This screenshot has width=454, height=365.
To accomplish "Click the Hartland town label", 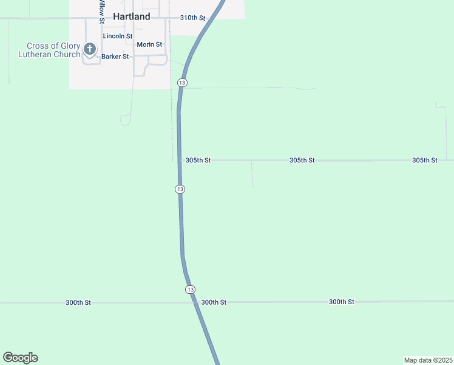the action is click(x=131, y=17).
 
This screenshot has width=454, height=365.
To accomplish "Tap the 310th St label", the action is click(x=192, y=18).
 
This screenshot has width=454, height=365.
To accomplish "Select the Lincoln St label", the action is click(x=118, y=36).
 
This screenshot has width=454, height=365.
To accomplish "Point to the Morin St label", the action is click(x=149, y=44).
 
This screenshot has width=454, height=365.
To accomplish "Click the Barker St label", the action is click(x=115, y=57).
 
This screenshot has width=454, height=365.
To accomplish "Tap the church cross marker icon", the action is click(x=90, y=49).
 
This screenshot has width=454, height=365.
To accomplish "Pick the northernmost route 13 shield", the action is click(x=182, y=82).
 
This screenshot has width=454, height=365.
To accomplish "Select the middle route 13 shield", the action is click(x=180, y=189).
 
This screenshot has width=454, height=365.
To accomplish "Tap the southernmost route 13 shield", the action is click(x=190, y=289).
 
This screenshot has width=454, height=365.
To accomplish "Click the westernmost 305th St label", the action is click(x=198, y=161).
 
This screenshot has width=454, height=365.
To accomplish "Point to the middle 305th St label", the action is click(x=302, y=161).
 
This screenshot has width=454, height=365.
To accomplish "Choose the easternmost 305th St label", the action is click(x=424, y=161).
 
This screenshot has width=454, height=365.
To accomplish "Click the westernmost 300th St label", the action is click(x=78, y=302).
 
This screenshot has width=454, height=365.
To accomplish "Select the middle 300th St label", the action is click(x=214, y=302).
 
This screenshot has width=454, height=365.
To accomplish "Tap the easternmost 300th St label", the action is click(x=341, y=302).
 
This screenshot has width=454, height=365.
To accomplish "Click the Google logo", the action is click(x=20, y=358).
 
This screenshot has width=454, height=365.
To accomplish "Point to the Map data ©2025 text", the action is click(x=428, y=360).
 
